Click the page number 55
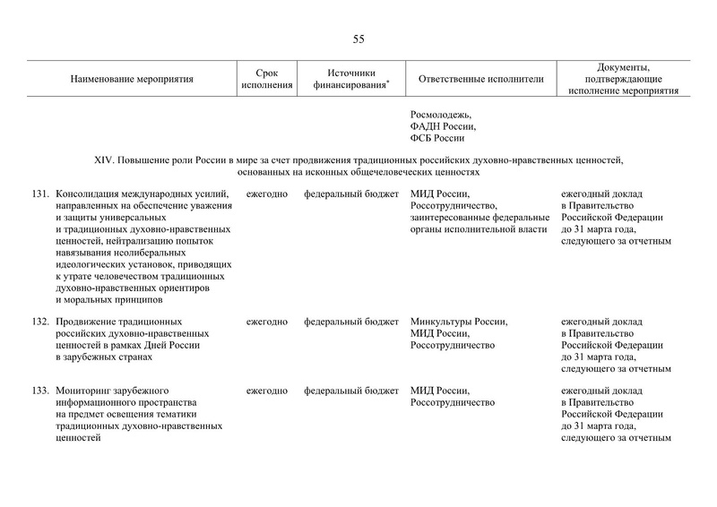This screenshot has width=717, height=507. pos(358,39)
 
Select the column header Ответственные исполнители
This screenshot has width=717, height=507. pos(480,79)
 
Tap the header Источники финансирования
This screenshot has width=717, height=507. pos(350,79)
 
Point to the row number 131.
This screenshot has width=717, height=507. pos(40,193)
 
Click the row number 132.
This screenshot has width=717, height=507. pos(40,322)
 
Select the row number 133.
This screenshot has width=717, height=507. pos(40,391)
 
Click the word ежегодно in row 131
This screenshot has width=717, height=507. pos(267,193)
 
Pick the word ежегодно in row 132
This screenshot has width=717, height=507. pos(267,322)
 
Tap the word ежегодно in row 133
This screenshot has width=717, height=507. pos(267,391)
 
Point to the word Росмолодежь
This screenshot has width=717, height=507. pos(440,116)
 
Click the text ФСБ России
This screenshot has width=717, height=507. pos(436,139)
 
